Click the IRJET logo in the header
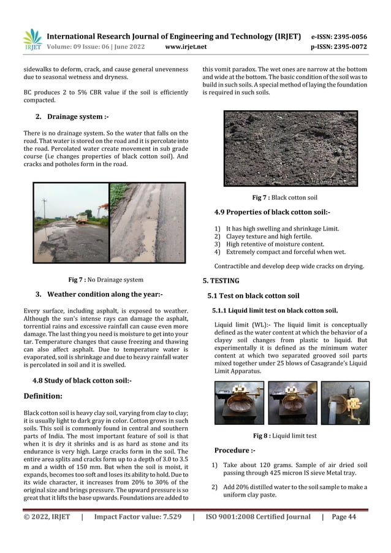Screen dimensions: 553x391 click(x=31, y=40)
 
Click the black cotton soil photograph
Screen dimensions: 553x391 click(x=290, y=148)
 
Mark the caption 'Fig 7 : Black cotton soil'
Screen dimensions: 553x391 click(x=285, y=198)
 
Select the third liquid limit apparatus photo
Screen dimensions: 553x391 click(x=344, y=403)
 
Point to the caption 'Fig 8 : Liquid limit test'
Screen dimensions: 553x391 click(x=285, y=436)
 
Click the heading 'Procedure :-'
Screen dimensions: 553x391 click(x=235, y=451)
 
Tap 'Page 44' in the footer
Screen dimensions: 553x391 click(x=343, y=517)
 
